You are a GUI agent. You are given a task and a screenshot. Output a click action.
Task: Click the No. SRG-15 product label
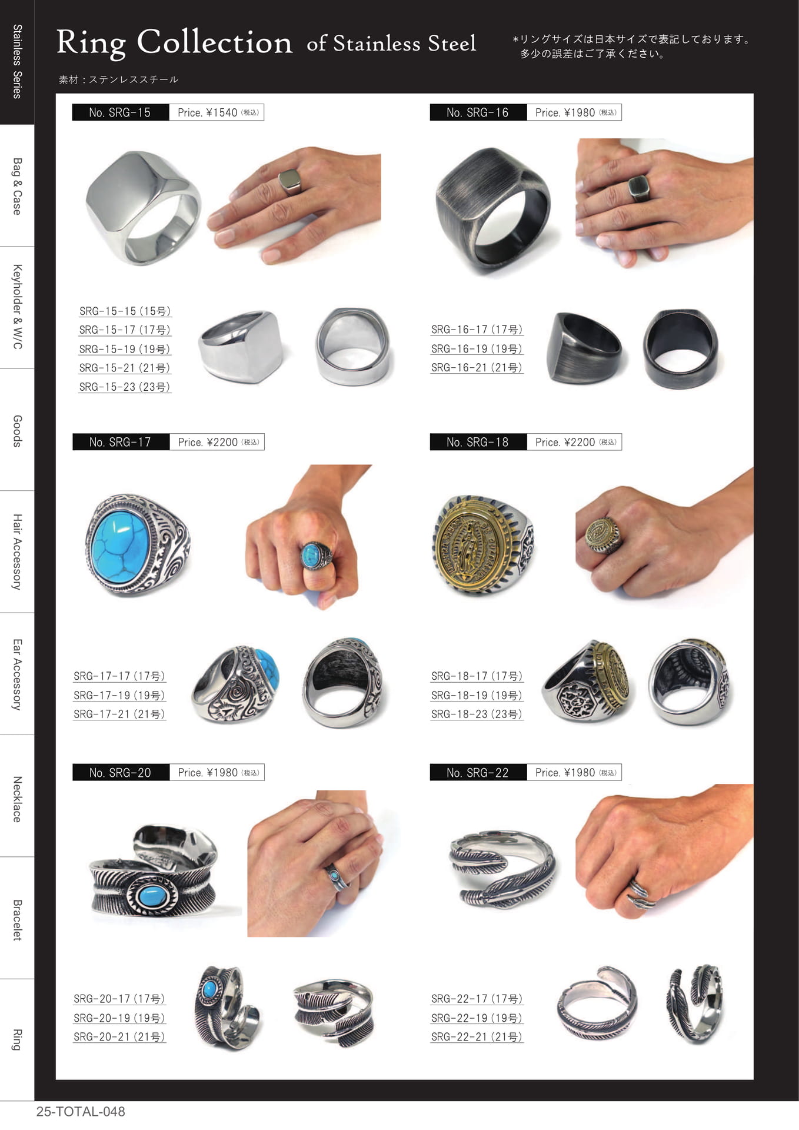(120, 112)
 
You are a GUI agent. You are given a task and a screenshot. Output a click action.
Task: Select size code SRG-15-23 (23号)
(125, 387)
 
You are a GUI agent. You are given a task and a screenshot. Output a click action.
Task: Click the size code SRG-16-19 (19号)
(477, 348)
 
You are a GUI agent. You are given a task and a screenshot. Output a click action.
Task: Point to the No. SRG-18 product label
(478, 442)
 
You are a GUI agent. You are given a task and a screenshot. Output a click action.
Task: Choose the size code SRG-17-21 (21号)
(119, 714)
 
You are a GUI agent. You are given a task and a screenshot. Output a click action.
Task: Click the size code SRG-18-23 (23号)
(477, 714)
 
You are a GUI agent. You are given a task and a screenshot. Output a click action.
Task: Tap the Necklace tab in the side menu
(17, 799)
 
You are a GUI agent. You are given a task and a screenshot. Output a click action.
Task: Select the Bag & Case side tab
(17, 186)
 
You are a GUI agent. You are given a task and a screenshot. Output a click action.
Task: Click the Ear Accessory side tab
(17, 674)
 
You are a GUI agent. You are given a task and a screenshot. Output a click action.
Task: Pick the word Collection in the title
(214, 43)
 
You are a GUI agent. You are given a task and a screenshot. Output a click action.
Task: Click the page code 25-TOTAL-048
(81, 1112)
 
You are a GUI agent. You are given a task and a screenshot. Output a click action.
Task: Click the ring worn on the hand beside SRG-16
(639, 188)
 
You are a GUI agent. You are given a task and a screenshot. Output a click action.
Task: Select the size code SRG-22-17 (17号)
(477, 999)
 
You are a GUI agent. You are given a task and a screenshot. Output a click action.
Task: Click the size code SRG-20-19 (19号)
(119, 1018)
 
